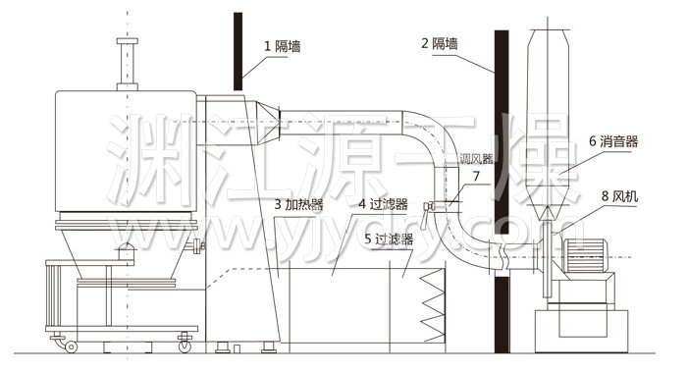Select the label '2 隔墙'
441,43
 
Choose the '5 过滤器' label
389,238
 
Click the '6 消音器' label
613,141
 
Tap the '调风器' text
475,157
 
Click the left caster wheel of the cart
70,345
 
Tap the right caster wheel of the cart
184,345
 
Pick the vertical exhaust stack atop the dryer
125,63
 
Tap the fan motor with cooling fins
590,263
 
